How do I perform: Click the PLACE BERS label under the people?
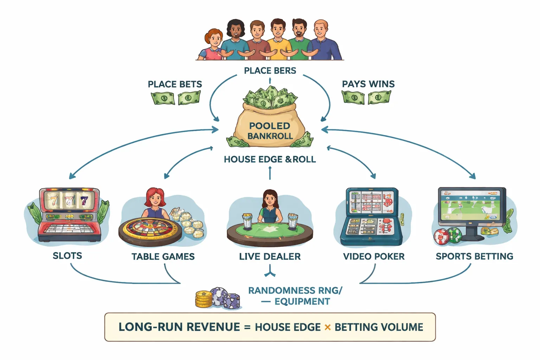(x=270, y=71)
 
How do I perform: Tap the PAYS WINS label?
(x=368, y=84)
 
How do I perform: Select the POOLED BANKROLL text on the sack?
(x=270, y=131)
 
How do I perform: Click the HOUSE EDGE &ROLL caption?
(x=270, y=159)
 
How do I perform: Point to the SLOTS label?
(x=67, y=256)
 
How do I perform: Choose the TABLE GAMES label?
(x=163, y=257)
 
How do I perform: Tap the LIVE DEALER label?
(x=270, y=257)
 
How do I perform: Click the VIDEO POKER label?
(x=374, y=257)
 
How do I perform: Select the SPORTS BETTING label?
(x=474, y=256)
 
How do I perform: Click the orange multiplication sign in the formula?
(x=328, y=327)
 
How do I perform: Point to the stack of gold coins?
(x=204, y=300)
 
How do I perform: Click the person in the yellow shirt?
(x=278, y=40)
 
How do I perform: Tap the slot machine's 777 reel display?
(x=69, y=201)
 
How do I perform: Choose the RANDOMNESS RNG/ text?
(x=295, y=291)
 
